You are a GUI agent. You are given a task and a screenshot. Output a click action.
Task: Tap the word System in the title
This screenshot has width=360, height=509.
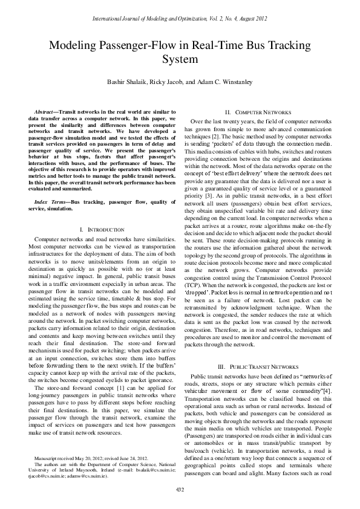point(180,59)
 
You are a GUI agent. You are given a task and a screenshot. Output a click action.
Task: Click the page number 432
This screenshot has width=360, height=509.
point(180,488)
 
